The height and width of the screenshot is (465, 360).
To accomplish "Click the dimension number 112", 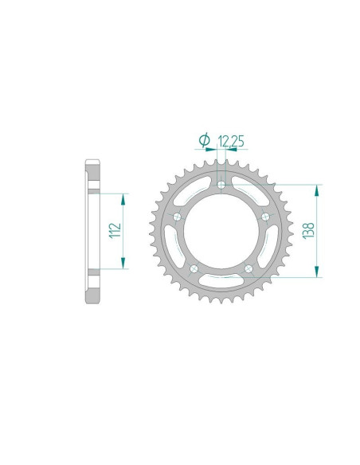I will pyautogui.click(x=115, y=231).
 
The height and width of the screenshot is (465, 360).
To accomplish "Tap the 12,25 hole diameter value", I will pyautogui.click(x=230, y=142).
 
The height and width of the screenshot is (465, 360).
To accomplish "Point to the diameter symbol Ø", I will pyautogui.click(x=205, y=142).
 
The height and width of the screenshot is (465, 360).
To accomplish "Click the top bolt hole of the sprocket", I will pyautogui.click(x=222, y=186).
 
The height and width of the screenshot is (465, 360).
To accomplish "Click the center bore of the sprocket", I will pyautogui.click(x=222, y=231).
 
